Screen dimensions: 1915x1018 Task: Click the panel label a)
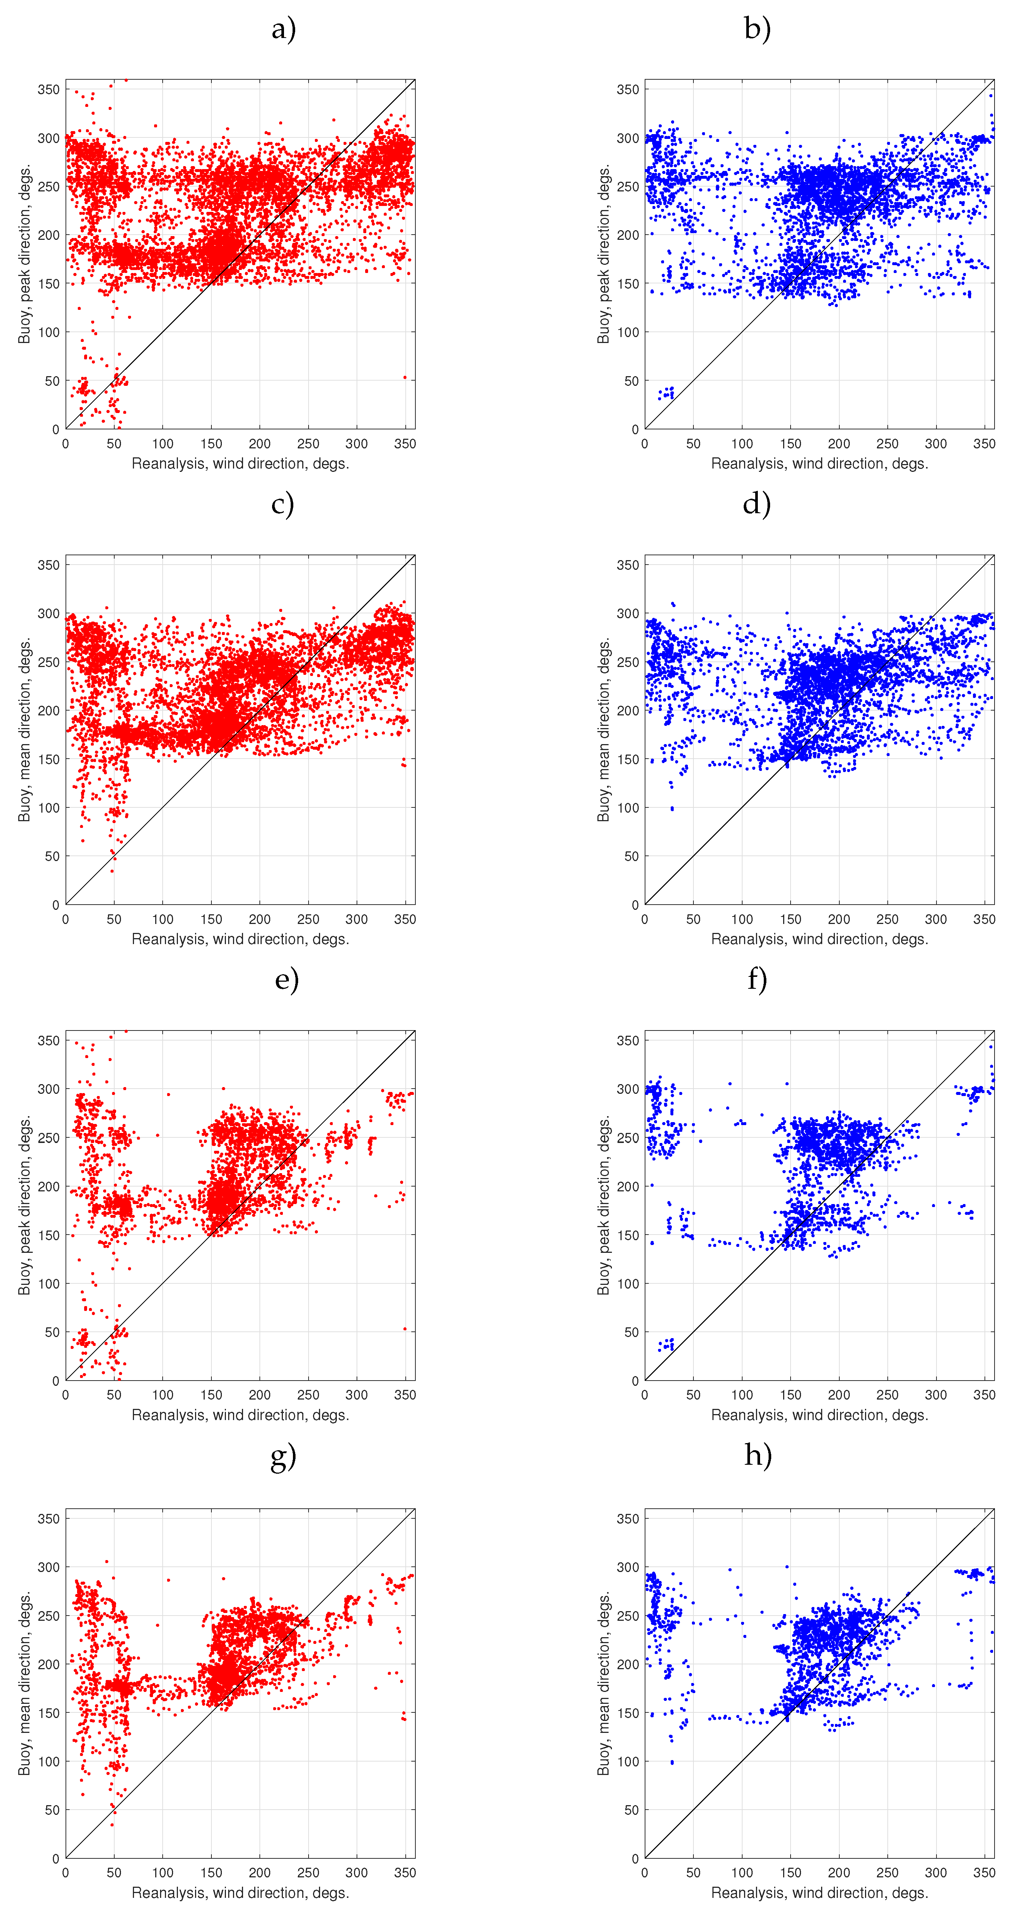click(x=283, y=29)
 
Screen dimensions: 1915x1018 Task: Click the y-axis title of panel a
click(x=25, y=254)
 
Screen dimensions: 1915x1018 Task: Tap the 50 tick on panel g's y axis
click(x=52, y=1810)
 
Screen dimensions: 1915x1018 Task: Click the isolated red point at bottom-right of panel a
click(x=405, y=378)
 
